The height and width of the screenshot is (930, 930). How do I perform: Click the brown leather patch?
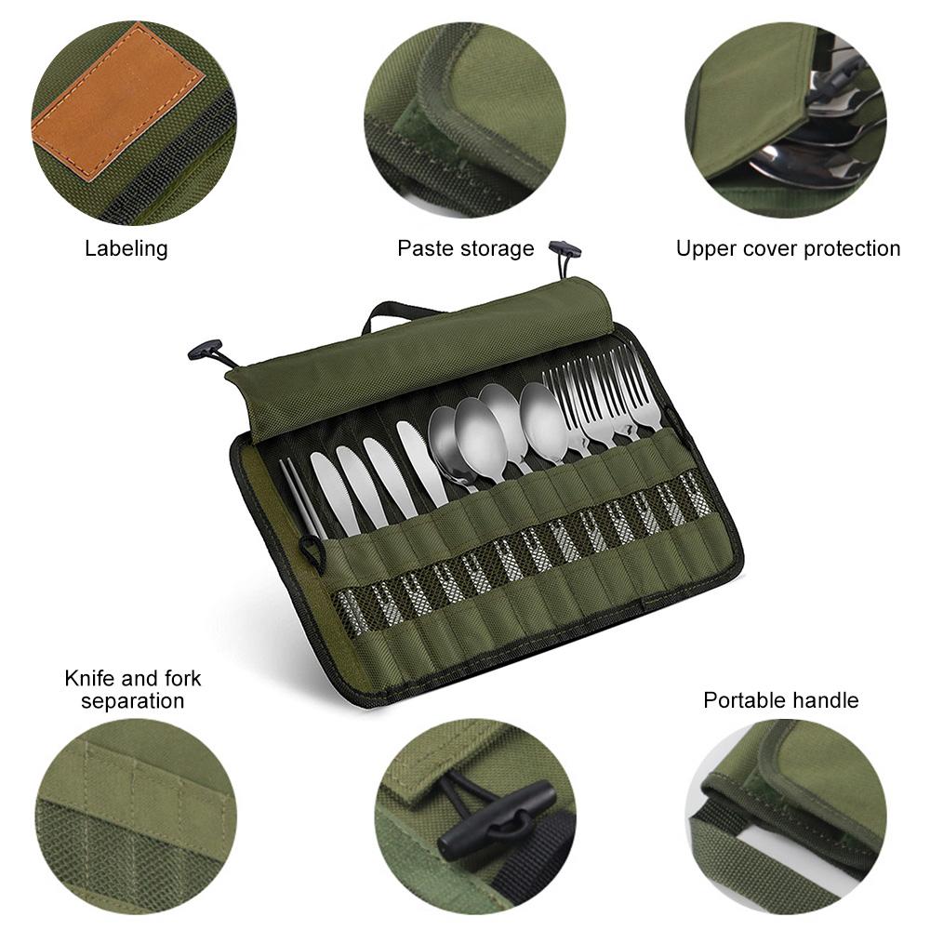tap(118, 100)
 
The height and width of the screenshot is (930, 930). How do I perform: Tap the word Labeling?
tap(126, 248)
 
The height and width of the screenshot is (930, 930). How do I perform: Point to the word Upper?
tap(705, 248)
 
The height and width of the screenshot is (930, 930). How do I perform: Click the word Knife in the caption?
tap(89, 678)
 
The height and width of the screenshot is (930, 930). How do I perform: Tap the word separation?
tap(132, 700)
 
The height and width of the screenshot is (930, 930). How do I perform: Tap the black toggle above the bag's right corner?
tap(565, 248)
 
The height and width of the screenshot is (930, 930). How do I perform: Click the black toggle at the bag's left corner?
tap(206, 349)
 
